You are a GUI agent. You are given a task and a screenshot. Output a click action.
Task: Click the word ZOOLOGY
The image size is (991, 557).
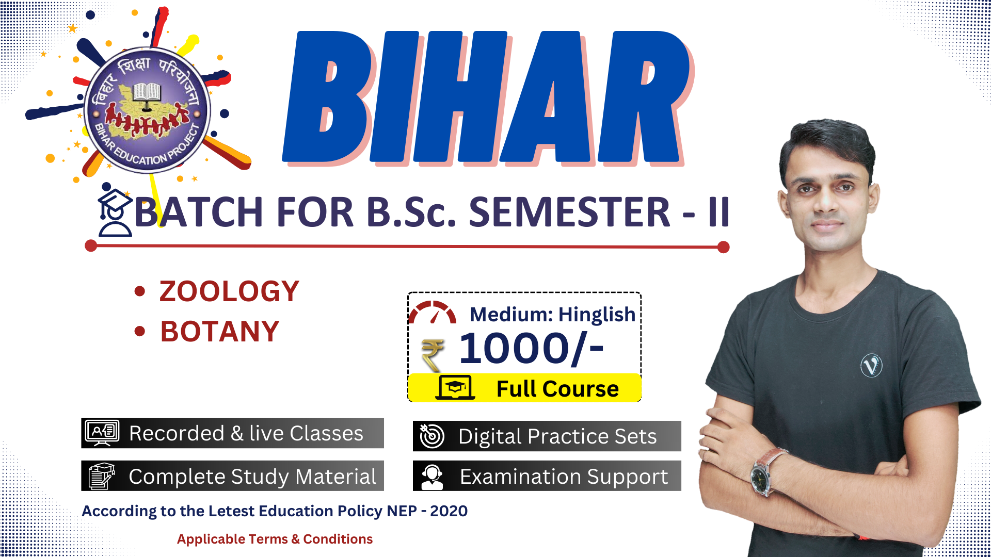[229, 291]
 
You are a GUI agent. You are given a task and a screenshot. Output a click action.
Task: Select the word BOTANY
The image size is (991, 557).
[220, 332]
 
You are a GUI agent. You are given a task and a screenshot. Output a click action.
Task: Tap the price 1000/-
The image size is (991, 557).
[531, 348]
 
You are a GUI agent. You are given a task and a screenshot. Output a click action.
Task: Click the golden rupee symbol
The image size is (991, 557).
[433, 355]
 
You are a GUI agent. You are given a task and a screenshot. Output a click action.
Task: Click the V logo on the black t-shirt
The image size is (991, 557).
[871, 366]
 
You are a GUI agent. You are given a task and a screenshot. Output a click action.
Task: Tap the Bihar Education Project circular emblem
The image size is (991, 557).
[147, 110]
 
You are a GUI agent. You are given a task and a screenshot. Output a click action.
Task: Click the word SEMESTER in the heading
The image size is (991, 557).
[569, 212]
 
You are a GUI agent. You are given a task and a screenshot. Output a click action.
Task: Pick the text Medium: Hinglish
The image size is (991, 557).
[552, 315]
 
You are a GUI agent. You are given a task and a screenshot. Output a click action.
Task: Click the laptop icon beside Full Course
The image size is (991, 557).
[455, 388]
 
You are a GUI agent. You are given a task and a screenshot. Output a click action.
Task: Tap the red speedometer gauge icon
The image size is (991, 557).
[433, 313]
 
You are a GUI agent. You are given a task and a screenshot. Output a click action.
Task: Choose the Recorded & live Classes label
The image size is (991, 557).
[246, 433]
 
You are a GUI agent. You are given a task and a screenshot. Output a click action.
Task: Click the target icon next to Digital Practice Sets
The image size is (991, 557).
[431, 436]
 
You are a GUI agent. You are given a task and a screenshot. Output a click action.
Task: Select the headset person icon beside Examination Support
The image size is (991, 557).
[432, 477]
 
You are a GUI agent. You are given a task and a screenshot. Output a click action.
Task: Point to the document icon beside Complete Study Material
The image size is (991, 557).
[102, 476]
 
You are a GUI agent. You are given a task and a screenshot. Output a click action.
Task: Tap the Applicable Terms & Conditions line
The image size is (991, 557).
[275, 539]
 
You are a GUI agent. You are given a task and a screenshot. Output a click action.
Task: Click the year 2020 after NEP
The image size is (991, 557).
[449, 511]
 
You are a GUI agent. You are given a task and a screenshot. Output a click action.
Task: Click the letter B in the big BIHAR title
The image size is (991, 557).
[328, 96]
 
